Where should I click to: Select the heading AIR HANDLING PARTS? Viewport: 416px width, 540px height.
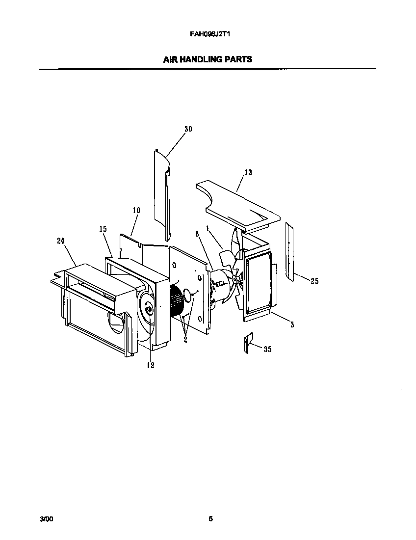click(208, 59)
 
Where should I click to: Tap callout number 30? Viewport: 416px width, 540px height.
click(188, 129)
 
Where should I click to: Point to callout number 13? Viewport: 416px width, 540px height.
click(248, 172)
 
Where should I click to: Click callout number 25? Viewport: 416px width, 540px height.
click(314, 281)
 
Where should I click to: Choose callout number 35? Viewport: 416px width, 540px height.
click(267, 349)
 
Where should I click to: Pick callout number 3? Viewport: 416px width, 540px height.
click(292, 324)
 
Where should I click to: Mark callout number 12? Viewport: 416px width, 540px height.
click(151, 365)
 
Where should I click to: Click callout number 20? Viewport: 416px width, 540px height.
click(61, 241)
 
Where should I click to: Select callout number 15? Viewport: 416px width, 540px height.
click(103, 229)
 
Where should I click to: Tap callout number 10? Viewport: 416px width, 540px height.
click(136, 210)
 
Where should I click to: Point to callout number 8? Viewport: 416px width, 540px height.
click(197, 234)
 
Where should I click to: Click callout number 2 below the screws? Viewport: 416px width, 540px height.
click(185, 339)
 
